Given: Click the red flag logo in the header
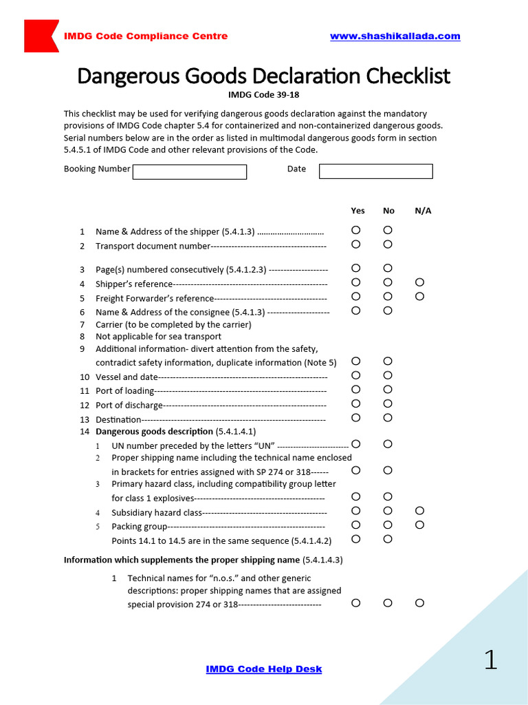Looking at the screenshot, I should click(x=40, y=36).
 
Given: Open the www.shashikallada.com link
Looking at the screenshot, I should click(x=395, y=36).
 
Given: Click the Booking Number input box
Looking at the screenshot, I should click(x=189, y=171).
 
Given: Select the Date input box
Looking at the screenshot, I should click(x=375, y=171).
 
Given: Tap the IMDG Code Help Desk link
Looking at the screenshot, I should click(x=264, y=669).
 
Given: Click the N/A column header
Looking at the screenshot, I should click(x=423, y=211).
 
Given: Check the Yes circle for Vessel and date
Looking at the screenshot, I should click(x=355, y=375).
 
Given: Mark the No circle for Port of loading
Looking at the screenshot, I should click(x=388, y=390).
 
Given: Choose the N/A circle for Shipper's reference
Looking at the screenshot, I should click(x=420, y=282).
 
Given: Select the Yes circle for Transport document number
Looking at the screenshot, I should click(x=355, y=244).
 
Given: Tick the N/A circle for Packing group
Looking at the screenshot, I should click(x=420, y=525).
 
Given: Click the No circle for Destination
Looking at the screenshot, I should click(x=388, y=418).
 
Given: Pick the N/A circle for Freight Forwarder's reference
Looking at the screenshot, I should click(x=420, y=297).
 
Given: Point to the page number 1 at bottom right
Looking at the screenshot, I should click(x=490, y=660).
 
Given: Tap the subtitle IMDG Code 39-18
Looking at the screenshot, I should click(x=263, y=95).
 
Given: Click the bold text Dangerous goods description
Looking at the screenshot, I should click(x=154, y=432).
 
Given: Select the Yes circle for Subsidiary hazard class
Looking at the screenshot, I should click(x=355, y=511).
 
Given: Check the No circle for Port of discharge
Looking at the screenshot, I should click(x=388, y=403).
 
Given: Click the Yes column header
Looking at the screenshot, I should click(x=357, y=211).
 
